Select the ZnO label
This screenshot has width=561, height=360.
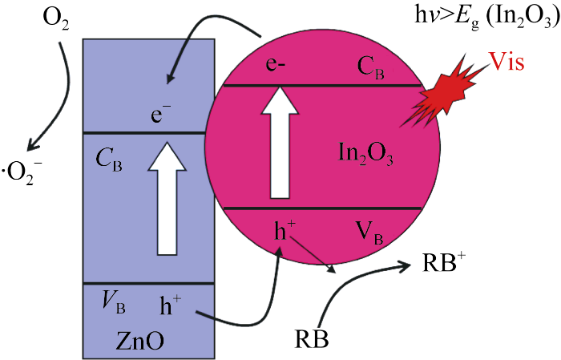[x=138, y=340]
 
